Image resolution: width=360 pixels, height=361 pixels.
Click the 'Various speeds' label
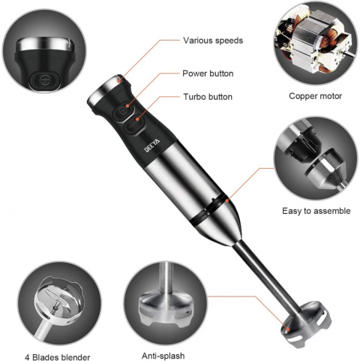tap(213, 41)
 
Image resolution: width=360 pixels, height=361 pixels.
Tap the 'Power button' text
tap(208, 74)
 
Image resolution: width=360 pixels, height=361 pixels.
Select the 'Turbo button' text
tap(208, 97)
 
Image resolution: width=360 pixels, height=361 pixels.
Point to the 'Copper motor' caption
tap(315, 96)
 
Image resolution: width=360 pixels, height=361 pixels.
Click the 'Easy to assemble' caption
tap(316, 211)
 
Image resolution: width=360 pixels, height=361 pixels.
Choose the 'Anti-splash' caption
tap(163, 356)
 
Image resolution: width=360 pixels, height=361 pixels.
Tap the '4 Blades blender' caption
tap(58, 357)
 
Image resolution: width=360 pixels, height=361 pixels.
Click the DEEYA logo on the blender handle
tap(152, 146)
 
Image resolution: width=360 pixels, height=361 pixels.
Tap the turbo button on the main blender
tap(133, 125)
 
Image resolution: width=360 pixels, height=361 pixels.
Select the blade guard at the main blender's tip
tap(306, 324)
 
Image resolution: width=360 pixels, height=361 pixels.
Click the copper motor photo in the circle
tap(314, 43)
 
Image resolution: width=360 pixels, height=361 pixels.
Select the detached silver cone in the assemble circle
tap(325, 170)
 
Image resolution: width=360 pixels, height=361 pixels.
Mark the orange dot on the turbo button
tap(137, 119)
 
